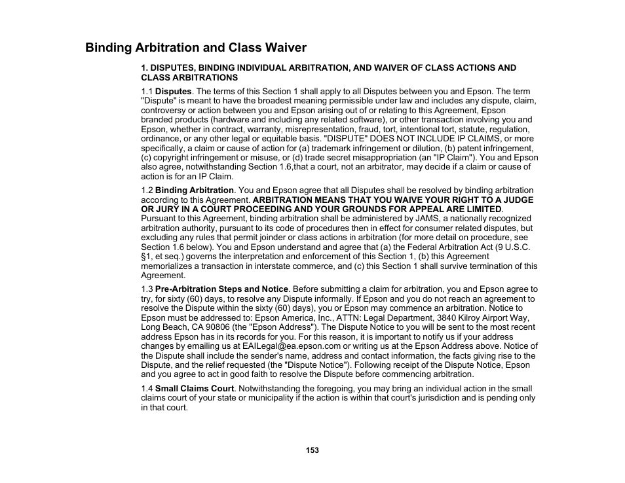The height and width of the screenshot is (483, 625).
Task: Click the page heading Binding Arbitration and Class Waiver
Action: tap(195, 48)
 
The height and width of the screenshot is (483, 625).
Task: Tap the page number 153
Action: tap(312, 450)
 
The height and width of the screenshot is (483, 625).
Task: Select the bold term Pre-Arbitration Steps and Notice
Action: tap(221, 289)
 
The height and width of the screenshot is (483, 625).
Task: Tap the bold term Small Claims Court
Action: tap(194, 389)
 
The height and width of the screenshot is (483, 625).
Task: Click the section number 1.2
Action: tap(147, 190)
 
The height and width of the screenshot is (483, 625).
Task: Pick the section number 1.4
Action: tap(147, 389)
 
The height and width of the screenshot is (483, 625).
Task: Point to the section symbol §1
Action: tap(146, 257)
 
